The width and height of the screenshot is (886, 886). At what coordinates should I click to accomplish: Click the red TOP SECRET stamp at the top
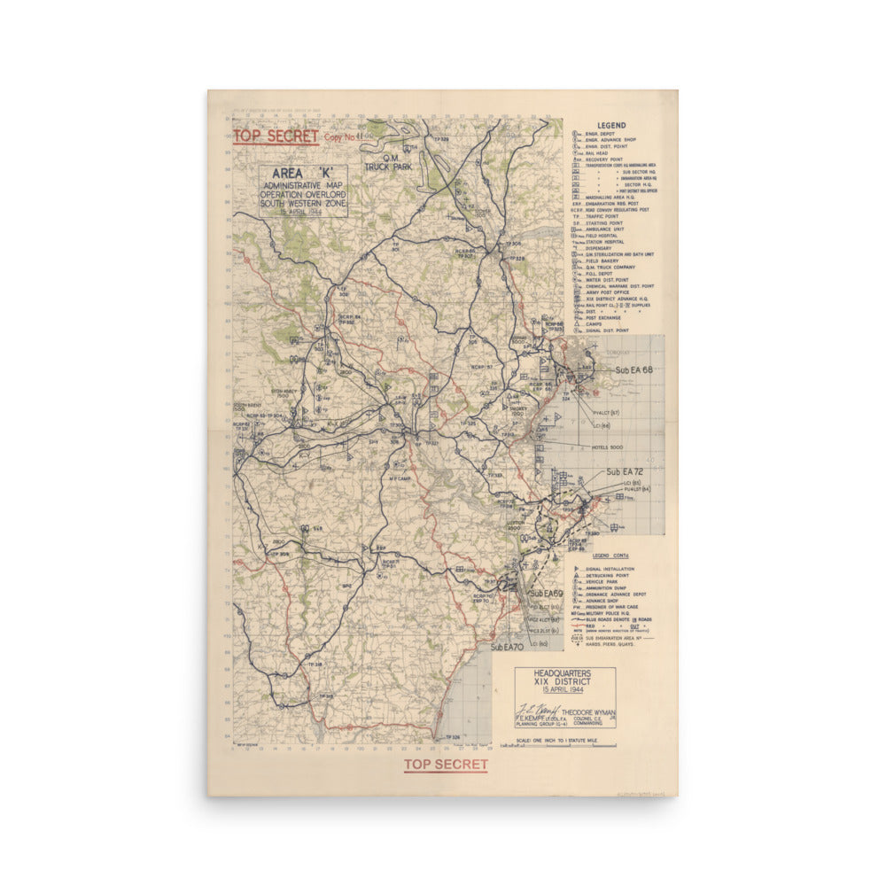pyautogui.click(x=276, y=136)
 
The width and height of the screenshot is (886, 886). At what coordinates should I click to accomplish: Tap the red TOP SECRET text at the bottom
pyautogui.click(x=446, y=765)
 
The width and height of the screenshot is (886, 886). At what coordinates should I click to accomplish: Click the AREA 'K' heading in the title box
pyautogui.click(x=303, y=173)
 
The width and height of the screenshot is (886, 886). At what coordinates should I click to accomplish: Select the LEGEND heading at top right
pyautogui.click(x=611, y=126)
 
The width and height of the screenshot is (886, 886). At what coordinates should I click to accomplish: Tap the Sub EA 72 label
pyautogui.click(x=625, y=472)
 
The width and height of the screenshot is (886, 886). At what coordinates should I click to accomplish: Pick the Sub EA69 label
pyautogui.click(x=547, y=592)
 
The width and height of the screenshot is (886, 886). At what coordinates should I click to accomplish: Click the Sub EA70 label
pyautogui.click(x=510, y=648)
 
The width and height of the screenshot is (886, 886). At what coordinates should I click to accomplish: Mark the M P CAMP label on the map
pyautogui.click(x=403, y=478)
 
